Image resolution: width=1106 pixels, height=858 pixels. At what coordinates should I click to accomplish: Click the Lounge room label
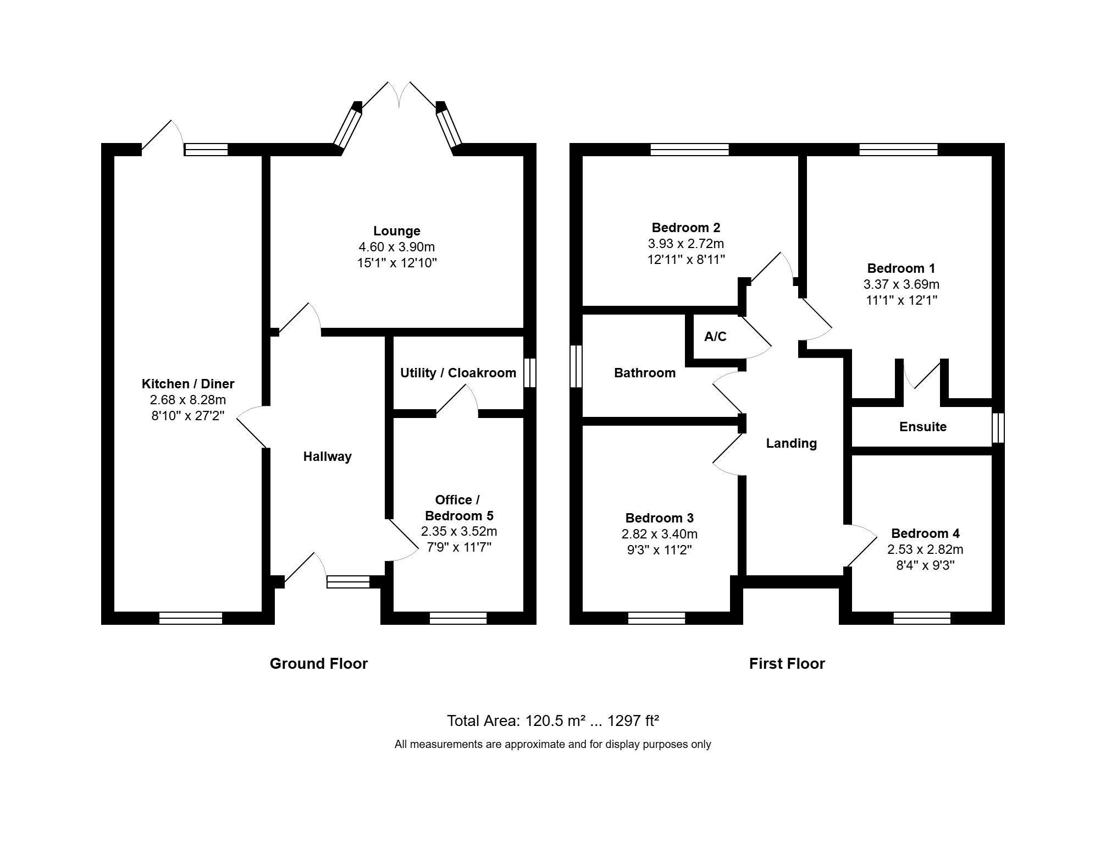(x=397, y=231)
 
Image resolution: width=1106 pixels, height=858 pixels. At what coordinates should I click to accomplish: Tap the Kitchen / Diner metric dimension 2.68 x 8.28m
(x=188, y=400)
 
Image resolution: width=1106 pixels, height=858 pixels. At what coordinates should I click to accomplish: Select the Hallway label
(x=328, y=457)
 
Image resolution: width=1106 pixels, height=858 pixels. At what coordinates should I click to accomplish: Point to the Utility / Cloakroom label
(x=458, y=373)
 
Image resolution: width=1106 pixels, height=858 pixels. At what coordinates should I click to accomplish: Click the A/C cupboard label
(x=716, y=337)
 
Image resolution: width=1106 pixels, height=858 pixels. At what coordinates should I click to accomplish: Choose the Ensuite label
(x=923, y=427)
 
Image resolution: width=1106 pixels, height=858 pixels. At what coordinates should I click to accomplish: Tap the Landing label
(x=792, y=443)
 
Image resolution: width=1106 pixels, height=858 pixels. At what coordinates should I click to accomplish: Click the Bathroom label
(x=645, y=373)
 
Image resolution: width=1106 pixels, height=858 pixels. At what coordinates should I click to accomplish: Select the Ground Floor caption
(x=319, y=664)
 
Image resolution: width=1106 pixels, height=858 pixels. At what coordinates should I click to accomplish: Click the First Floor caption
(x=787, y=664)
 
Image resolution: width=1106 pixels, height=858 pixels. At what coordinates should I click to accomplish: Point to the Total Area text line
(x=553, y=721)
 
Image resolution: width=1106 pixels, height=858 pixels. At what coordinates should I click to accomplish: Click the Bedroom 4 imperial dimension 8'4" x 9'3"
(x=925, y=565)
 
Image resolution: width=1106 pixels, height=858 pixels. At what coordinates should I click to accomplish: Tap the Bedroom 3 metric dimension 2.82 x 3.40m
(x=660, y=534)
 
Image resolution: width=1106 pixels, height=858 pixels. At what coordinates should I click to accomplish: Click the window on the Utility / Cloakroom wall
(x=529, y=373)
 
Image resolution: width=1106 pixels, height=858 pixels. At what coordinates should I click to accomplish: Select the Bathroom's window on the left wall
(x=576, y=366)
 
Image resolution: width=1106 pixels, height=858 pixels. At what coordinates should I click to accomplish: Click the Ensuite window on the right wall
(x=998, y=428)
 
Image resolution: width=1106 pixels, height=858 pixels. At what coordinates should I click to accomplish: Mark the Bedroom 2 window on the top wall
(x=690, y=150)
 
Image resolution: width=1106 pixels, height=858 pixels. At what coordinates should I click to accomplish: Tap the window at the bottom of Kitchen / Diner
(x=191, y=618)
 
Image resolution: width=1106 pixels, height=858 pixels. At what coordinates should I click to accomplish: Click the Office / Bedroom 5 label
(x=459, y=508)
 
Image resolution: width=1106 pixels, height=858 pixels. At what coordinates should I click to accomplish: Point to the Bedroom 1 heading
(x=901, y=268)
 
